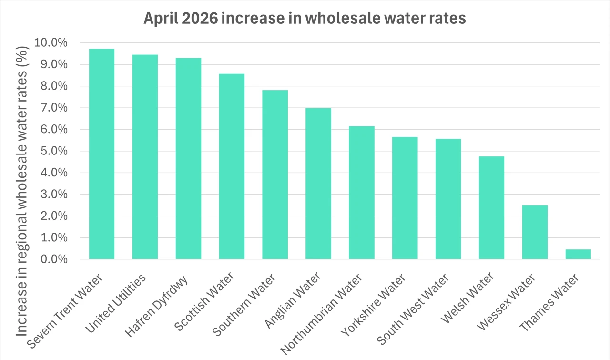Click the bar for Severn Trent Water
pos(102,154)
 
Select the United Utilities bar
pos(145,157)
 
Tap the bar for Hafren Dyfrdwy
pos(188,159)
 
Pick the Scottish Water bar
pos(232,166)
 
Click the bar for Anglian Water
pos(318,184)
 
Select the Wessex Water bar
pos(535,232)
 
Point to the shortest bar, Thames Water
pos(578,254)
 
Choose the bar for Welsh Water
pos(491,208)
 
